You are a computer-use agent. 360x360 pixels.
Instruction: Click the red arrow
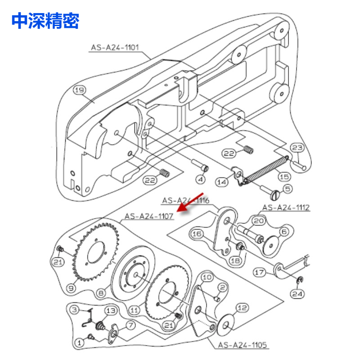click(x=190, y=202)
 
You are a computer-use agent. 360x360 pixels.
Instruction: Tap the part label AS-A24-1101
click(x=115, y=48)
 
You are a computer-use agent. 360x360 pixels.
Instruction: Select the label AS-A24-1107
click(x=149, y=216)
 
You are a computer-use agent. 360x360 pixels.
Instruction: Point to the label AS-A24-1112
click(x=286, y=207)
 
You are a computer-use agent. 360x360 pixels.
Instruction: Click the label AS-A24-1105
click(x=243, y=345)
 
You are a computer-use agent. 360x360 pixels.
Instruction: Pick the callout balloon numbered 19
click(x=80, y=90)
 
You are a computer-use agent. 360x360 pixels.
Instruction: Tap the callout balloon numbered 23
click(x=297, y=148)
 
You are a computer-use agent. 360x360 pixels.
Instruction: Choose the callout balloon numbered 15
click(x=284, y=176)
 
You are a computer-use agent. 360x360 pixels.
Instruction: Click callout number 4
click(x=201, y=179)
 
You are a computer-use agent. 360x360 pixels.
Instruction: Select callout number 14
click(x=222, y=182)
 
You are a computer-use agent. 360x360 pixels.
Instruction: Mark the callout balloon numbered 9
click(x=71, y=288)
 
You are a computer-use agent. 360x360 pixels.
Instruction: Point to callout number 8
click(x=101, y=293)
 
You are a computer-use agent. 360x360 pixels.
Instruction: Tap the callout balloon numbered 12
click(x=242, y=308)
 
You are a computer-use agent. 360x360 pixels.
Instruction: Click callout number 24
click(x=297, y=294)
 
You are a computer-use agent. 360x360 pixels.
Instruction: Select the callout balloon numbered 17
click(x=260, y=273)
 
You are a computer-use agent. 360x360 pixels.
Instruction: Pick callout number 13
click(x=111, y=310)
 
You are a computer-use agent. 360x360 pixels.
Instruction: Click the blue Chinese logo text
click(x=45, y=21)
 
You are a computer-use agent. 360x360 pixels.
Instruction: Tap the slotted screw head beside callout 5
click(x=275, y=195)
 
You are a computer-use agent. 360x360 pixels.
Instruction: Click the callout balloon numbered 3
click(x=74, y=310)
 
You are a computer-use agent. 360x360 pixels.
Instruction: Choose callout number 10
click(x=207, y=277)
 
